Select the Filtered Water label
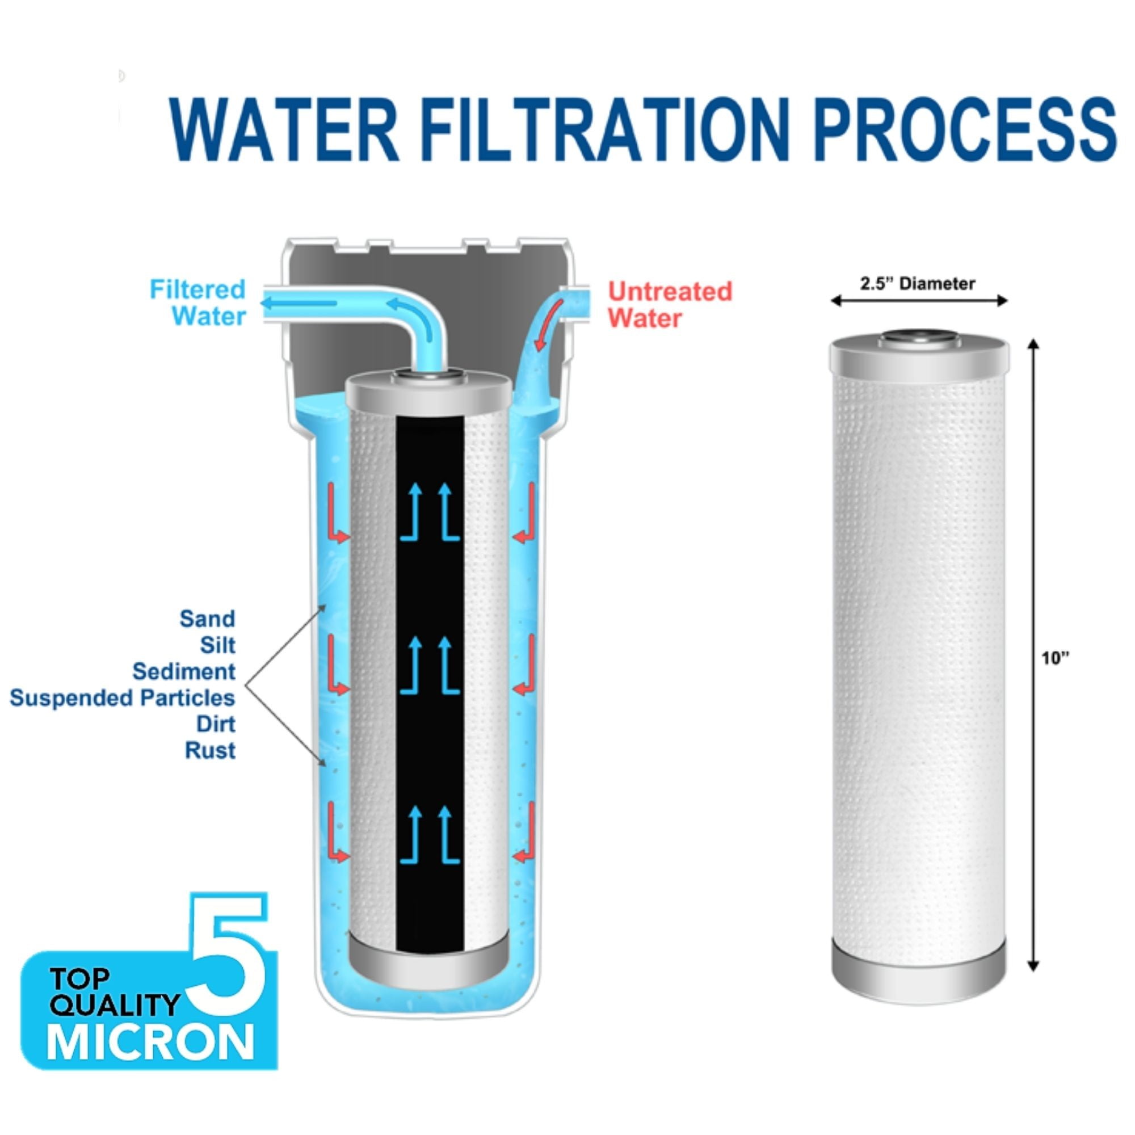click(197, 303)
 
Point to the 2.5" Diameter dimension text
click(918, 284)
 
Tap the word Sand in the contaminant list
click(207, 619)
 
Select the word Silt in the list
click(217, 645)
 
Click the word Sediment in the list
click(184, 671)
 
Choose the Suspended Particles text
click(122, 698)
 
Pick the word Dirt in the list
click(216, 724)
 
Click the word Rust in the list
click(211, 750)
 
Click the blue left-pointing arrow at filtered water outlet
click(299, 304)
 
